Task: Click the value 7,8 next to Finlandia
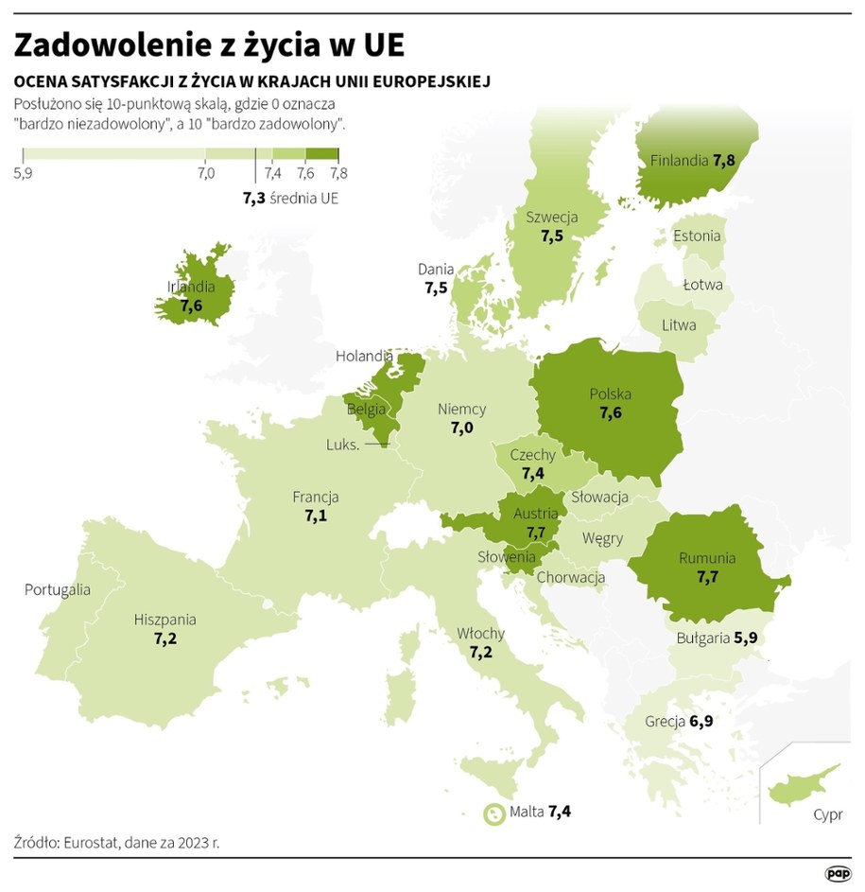[724, 160]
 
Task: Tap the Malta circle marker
[493, 813]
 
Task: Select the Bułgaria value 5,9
[747, 638]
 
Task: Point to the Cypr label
[827, 814]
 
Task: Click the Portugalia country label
[58, 589]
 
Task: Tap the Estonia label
[697, 236]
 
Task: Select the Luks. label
[342, 445]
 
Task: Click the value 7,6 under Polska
[611, 412]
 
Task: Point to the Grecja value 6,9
[701, 722]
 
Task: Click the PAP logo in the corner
[839, 874]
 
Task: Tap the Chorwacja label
[570, 577]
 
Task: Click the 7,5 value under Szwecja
[553, 236]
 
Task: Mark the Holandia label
[364, 357]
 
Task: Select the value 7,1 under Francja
[316, 516]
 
